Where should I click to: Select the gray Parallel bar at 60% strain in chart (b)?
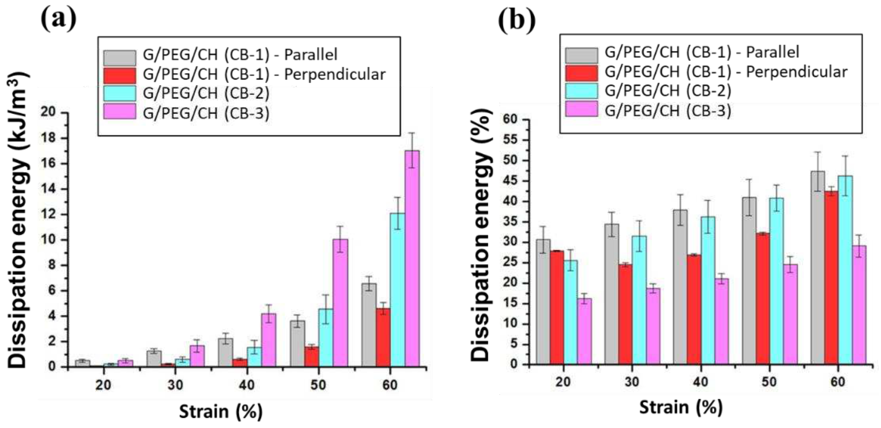pos(817,267)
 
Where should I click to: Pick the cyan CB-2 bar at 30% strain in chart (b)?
pos(639,300)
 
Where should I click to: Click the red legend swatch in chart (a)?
pos(120,75)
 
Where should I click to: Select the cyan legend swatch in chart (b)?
pos(581,91)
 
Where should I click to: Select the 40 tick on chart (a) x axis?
pos(247,385)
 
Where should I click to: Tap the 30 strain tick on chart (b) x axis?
pos(632,382)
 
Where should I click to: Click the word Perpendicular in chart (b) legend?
pos(797,72)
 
